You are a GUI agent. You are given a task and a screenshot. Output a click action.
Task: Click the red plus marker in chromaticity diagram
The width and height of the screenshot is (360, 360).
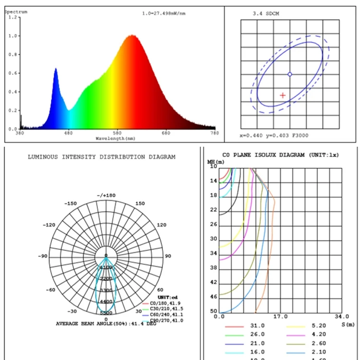click(x=283, y=96)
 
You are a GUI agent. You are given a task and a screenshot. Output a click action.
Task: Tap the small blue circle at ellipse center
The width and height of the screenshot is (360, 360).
click(x=289, y=74)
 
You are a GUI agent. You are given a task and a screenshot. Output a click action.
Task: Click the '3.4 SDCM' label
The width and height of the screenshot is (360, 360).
click(x=265, y=13)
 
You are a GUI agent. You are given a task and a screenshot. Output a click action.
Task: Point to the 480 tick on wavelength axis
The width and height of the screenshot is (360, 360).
click(x=69, y=133)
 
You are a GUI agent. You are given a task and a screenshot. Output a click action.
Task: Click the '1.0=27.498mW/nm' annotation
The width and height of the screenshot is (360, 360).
click(x=164, y=13)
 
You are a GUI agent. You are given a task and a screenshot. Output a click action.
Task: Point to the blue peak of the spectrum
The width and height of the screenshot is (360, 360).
click(x=56, y=69)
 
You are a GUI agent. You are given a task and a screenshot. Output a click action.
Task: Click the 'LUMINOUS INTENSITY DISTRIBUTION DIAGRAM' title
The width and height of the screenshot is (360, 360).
click(x=101, y=157)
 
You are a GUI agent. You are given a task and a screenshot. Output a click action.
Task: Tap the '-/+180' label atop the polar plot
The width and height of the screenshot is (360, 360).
click(x=106, y=195)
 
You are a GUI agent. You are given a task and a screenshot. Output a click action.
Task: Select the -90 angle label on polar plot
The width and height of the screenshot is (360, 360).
click(x=44, y=256)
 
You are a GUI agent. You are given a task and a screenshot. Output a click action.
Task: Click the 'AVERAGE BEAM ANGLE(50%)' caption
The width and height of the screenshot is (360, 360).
click(x=96, y=324)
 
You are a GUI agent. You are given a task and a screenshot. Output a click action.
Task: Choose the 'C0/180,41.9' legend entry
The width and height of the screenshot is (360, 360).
click(x=165, y=303)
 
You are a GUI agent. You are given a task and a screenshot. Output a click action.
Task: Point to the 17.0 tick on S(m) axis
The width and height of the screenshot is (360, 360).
click(x=280, y=317)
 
